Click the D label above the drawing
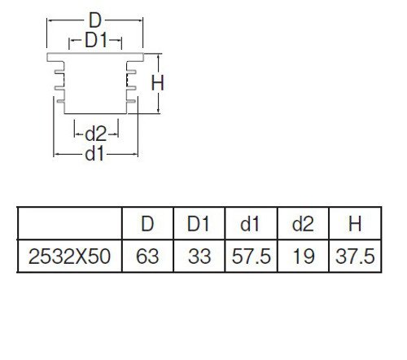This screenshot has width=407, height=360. tap(95, 20)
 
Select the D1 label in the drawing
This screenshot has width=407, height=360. tap(96, 40)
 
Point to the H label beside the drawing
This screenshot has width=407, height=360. tap(157, 83)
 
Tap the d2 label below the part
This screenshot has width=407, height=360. tap(96, 134)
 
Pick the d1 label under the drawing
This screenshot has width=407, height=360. tap(94, 154)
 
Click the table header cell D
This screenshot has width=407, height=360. tap(147, 224)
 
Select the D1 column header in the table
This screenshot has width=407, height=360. tap(199, 224)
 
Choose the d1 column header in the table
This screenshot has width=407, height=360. tap(251, 224)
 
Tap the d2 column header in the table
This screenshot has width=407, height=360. tap(303, 224)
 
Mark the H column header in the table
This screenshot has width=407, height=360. tap(355, 224)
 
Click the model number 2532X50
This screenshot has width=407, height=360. tap(69, 257)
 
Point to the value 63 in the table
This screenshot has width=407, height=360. tap(147, 257)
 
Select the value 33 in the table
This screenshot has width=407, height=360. tap(199, 257)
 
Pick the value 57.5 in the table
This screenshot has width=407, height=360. tap(252, 257)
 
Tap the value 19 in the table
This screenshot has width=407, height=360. tap(304, 257)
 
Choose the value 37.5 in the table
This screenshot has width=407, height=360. tap(355, 257)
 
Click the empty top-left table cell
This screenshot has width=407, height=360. tap(70, 223)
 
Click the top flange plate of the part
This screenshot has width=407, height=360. tap(95, 57)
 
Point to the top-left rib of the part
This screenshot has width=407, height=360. tap(59, 72)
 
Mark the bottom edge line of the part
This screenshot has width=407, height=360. tap(95, 113)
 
